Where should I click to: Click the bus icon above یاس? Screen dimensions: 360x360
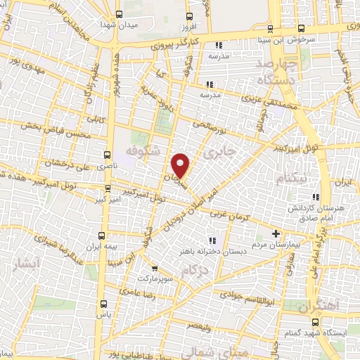[104, 304]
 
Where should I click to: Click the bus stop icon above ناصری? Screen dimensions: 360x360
[107, 153]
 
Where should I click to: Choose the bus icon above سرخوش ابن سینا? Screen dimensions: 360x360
[301, 28]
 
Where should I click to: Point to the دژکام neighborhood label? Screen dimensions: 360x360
[194, 271]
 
